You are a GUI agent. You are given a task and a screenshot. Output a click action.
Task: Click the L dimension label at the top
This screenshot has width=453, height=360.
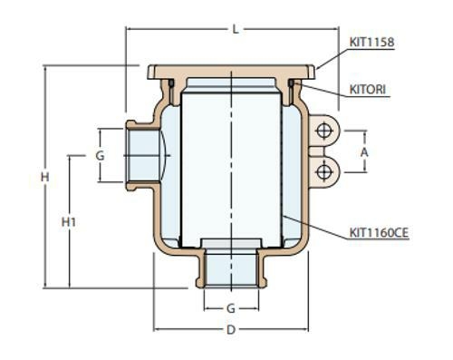[234, 30]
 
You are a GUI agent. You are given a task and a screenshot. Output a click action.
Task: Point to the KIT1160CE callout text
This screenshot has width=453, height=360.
[379, 233]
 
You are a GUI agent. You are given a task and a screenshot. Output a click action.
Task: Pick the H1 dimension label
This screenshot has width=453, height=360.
[68, 221]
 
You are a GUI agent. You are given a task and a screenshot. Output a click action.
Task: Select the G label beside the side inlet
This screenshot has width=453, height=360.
[101, 156]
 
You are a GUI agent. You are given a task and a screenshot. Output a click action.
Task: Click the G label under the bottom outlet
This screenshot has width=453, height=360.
[231, 308]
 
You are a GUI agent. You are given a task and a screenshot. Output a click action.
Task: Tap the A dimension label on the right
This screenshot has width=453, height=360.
[365, 153]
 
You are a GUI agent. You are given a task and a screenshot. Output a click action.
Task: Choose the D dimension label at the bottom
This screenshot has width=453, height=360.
[231, 330]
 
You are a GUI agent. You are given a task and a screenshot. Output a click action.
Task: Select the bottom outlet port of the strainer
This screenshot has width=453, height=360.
[231, 268]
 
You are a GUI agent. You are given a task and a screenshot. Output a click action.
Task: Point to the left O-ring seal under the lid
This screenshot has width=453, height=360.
[171, 85]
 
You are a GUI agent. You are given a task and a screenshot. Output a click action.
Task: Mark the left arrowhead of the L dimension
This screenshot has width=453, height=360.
[129, 30]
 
